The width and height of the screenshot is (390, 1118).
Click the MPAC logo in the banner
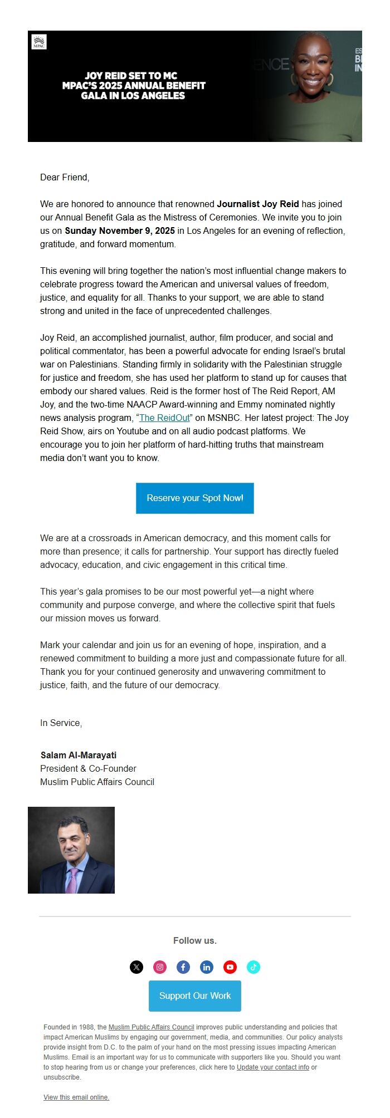pyautogui.click(x=39, y=42)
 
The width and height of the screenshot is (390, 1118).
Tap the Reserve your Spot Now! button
pyautogui.click(x=195, y=498)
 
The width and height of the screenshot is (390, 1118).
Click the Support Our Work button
pyautogui.click(x=195, y=996)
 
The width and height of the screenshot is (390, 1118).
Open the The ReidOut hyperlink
pyautogui.click(x=164, y=418)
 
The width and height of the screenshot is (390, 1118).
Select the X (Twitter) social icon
pyautogui.click(x=136, y=967)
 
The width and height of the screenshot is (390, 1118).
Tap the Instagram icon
pyautogui.click(x=160, y=967)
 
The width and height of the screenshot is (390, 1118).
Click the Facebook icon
pyautogui.click(x=183, y=967)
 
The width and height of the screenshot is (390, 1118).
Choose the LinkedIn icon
pyautogui.click(x=207, y=967)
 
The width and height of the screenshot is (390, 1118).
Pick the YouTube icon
pyautogui.click(x=230, y=967)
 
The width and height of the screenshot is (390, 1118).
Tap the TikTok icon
pyautogui.click(x=253, y=967)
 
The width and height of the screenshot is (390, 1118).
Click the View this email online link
pyautogui.click(x=76, y=1097)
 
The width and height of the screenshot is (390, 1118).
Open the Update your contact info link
pyautogui.click(x=272, y=1067)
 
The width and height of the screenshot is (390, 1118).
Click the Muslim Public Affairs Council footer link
pyautogui.click(x=151, y=1027)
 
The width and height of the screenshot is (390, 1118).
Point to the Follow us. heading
pyautogui.click(x=195, y=940)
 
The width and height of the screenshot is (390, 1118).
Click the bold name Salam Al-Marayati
pyautogui.click(x=79, y=755)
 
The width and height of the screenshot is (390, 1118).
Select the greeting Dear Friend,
pyautogui.click(x=65, y=177)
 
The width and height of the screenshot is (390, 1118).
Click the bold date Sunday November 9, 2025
pyautogui.click(x=120, y=231)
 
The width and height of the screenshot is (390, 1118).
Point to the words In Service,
pyautogui.click(x=61, y=723)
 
